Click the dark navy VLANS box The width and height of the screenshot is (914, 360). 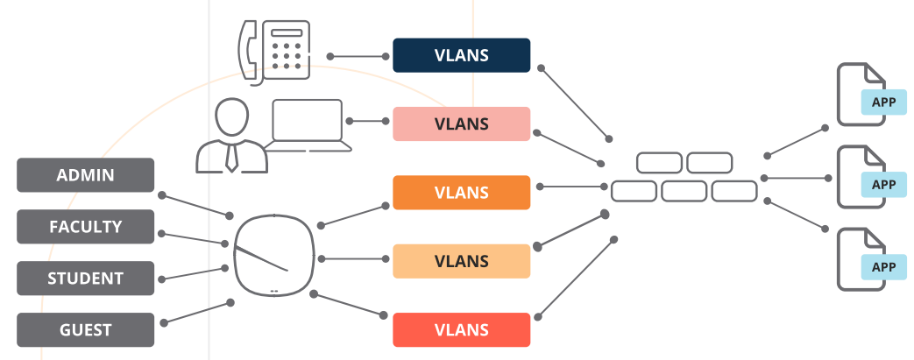click(x=461, y=54)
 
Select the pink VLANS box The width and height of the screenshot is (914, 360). click(x=461, y=124)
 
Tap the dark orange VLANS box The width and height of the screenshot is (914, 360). click(x=461, y=192)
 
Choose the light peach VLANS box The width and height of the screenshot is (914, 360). click(x=461, y=261)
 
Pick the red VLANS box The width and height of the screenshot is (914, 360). click(x=461, y=329)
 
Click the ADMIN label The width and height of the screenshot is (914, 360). click(x=85, y=175)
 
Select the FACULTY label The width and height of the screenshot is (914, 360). click(x=85, y=227)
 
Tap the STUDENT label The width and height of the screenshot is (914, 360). click(x=85, y=279)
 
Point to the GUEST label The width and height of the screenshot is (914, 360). click(x=85, y=330)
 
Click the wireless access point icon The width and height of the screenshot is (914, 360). click(x=273, y=255)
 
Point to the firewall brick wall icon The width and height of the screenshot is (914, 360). click(x=684, y=176)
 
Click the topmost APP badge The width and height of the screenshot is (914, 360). click(x=883, y=102)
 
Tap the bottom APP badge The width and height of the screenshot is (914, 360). click(x=883, y=267)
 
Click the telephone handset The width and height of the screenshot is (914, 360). click(x=249, y=53)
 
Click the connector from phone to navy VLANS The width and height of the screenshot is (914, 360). click(x=359, y=56)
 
